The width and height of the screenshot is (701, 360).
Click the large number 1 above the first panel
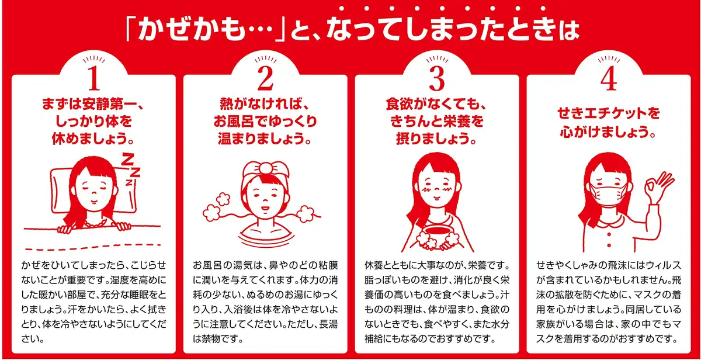click(x=94, y=78)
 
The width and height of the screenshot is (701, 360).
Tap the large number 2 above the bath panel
click(x=265, y=78)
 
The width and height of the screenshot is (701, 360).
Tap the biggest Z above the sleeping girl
click(x=127, y=159)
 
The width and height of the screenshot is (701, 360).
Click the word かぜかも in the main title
click(x=192, y=30)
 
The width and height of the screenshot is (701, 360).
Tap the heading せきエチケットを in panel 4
click(x=609, y=113)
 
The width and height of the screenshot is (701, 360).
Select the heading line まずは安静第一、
click(x=93, y=104)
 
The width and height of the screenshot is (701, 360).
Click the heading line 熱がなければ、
click(x=265, y=104)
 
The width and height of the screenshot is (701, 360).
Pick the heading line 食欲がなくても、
click(x=436, y=104)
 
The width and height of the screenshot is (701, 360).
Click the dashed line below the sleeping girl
click(x=93, y=247)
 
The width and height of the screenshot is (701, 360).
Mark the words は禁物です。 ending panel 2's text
click(x=218, y=339)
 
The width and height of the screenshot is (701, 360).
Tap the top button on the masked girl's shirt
click(x=609, y=234)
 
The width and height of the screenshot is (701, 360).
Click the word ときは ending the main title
click(x=543, y=30)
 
